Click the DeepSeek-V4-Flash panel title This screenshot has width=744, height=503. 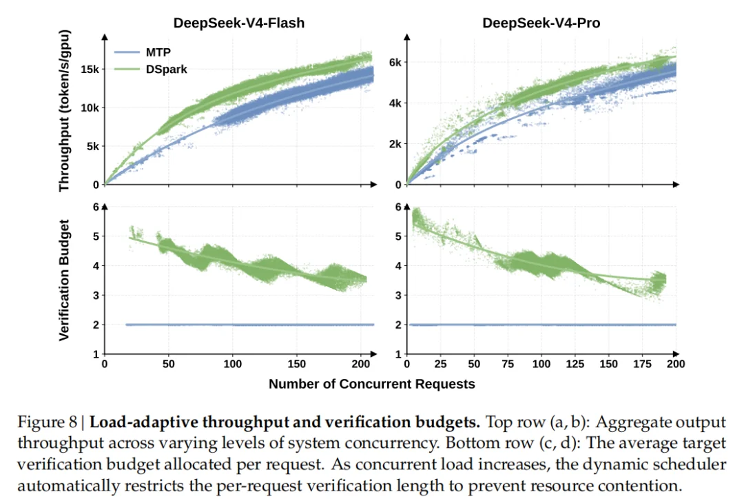(238, 23)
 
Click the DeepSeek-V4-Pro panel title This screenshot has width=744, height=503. (541, 23)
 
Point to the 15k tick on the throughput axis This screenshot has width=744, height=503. (90, 70)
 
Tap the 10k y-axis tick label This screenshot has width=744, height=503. (90, 107)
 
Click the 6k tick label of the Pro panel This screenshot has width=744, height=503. (395, 62)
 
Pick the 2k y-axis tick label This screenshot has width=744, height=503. (395, 144)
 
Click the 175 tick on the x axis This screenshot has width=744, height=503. (642, 364)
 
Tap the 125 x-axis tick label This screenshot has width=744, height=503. (575, 364)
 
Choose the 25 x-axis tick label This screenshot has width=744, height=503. (440, 364)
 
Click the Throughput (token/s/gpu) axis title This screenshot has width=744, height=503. (64, 110)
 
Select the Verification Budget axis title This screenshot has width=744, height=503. (64, 280)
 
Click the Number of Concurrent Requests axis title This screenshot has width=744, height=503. (371, 384)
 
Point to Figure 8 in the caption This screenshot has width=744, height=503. (47, 422)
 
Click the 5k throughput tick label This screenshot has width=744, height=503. (92, 146)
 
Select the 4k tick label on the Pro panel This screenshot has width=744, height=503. (395, 103)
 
